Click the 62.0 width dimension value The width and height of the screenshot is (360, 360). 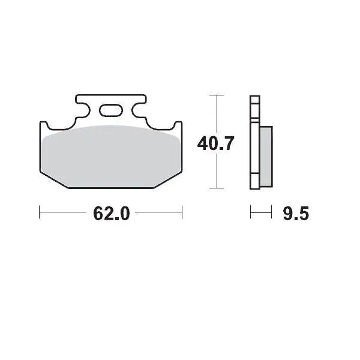click(x=111, y=213)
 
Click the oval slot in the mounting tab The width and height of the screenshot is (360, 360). click(x=110, y=110)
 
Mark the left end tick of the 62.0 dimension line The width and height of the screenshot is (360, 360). click(x=40, y=212)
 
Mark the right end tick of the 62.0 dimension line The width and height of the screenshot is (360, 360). click(x=182, y=212)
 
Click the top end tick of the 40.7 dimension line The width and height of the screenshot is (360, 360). click(x=216, y=95)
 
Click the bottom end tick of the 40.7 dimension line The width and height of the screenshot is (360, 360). click(x=216, y=188)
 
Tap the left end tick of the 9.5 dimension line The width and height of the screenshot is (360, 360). click(x=251, y=212)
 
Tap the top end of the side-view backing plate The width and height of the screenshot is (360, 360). click(x=254, y=98)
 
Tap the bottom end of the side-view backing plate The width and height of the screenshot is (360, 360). click(x=254, y=185)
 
